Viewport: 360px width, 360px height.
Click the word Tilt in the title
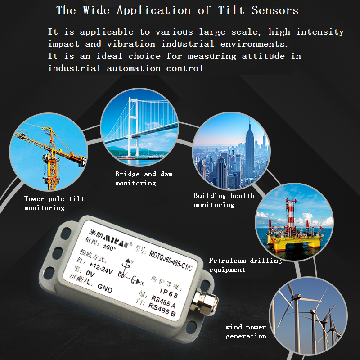pyautogui.click(x=231, y=10)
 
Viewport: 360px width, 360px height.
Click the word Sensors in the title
pyautogui.click(x=275, y=10)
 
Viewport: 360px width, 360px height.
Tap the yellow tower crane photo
pyautogui.click(x=49, y=152)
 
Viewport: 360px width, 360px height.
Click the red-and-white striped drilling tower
pyautogui.click(x=291, y=213)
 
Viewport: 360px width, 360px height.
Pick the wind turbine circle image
pyautogui.click(x=308, y=316)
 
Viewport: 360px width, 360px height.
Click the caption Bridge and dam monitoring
pyautogui.click(x=144, y=178)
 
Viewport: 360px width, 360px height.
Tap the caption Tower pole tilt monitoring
pyautogui.click(x=54, y=203)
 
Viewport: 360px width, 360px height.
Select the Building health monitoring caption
pyautogui.click(x=224, y=200)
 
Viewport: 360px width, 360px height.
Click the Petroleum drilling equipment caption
pyautogui.click(x=245, y=265)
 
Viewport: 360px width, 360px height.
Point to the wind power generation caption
pyautogui.click(x=246, y=332)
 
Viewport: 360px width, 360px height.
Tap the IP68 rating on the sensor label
pyautogui.click(x=169, y=293)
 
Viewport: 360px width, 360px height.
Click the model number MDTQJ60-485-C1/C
pyautogui.click(x=171, y=261)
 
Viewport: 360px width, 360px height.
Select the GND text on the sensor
pyautogui.click(x=105, y=288)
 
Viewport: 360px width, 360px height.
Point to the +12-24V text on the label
pyautogui.click(x=101, y=268)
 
